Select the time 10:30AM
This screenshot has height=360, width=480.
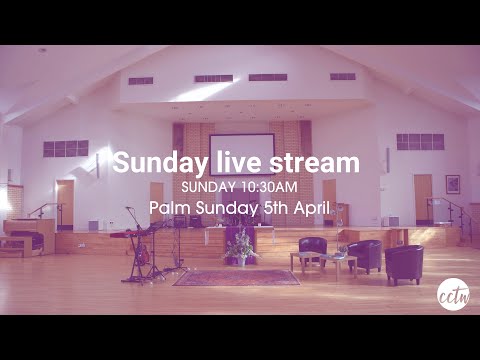coord(265,187)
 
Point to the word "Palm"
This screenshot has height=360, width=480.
coord(169,208)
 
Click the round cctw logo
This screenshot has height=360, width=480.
coord(453,294)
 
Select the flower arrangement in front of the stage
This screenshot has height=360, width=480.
coord(240,247)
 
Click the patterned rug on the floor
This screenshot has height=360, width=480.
coord(236,277)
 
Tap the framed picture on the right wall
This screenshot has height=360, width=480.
coord(453,185)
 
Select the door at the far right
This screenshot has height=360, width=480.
coord(423,199)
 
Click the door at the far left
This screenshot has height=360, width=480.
coord(65,203)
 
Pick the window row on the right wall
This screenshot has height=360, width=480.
coord(419,141)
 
